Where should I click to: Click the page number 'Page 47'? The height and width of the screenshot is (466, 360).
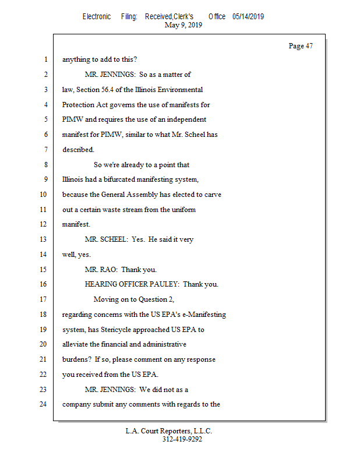(x=301, y=46)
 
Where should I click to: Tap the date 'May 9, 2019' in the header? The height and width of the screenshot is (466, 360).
(x=183, y=25)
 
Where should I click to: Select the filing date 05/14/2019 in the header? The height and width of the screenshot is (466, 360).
(x=248, y=17)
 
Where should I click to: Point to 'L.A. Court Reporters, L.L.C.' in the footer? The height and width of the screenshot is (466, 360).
(x=169, y=431)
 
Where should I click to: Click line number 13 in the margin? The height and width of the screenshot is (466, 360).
(x=45, y=239)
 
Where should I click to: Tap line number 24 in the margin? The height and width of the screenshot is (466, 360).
(x=45, y=404)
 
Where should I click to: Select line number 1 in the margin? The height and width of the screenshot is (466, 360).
(x=45, y=59)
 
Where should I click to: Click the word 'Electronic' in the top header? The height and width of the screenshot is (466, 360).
(x=97, y=17)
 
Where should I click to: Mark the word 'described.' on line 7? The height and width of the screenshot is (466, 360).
(x=78, y=150)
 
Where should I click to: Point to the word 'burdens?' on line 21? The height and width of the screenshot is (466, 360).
(x=77, y=359)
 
